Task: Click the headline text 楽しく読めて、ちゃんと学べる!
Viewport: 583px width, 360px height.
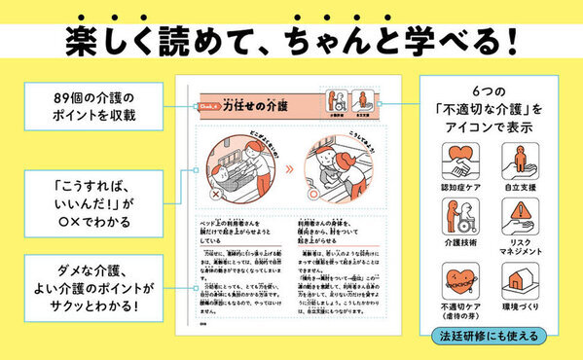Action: tap(291, 41)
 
